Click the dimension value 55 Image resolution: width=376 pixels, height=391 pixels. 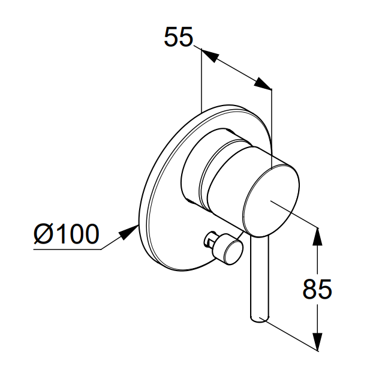(x=179, y=37)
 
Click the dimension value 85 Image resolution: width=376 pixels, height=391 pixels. (x=317, y=289)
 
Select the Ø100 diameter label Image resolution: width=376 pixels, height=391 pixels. (x=67, y=234)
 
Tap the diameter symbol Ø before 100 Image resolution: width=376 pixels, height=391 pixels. (x=43, y=234)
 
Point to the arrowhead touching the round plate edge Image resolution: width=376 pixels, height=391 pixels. (x=129, y=231)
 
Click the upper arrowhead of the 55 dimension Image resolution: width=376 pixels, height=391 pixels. (x=210, y=56)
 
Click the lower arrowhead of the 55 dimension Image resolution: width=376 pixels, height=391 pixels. (x=262, y=83)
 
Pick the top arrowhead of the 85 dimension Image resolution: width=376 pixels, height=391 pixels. (x=317, y=236)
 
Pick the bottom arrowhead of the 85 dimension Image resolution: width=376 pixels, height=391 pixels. (x=317, y=342)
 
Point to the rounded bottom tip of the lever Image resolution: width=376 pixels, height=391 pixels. (x=260, y=320)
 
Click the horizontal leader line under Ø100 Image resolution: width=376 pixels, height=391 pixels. (x=67, y=249)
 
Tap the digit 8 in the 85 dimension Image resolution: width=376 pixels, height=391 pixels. (x=309, y=289)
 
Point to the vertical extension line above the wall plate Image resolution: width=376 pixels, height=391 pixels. (x=201, y=80)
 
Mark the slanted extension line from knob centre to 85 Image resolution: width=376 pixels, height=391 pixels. (x=294, y=214)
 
